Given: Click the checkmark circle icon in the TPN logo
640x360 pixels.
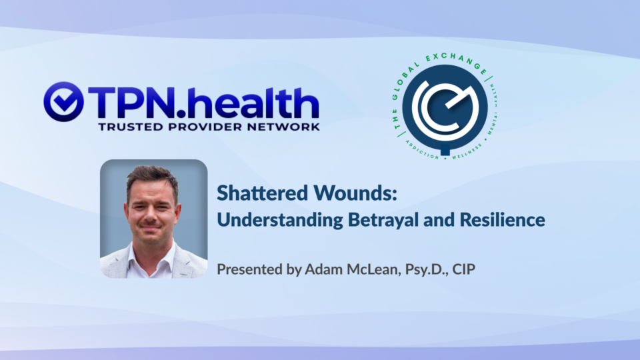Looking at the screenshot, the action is click(64, 101).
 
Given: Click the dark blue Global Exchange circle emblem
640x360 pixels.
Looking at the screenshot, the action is click(445, 107).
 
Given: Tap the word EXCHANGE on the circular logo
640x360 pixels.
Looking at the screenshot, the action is click(457, 62).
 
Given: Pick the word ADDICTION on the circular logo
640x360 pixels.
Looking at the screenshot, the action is click(422, 150).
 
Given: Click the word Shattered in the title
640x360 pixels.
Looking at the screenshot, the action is click(262, 193).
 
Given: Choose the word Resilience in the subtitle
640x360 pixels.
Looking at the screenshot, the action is click(503, 219).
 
